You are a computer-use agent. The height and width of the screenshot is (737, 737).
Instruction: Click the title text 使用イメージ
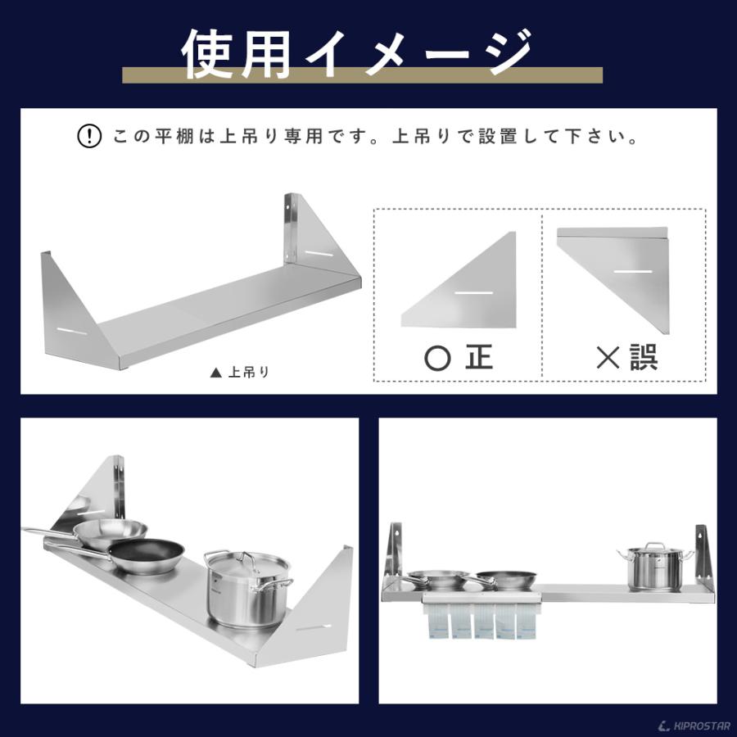pyautogui.click(x=358, y=54)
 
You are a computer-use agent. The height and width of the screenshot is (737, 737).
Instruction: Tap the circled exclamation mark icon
pyautogui.click(x=88, y=136)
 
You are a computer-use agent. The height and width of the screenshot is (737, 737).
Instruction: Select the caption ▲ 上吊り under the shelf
pyautogui.click(x=239, y=372)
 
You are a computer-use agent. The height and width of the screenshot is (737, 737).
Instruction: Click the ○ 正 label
pyautogui.click(x=460, y=357)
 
